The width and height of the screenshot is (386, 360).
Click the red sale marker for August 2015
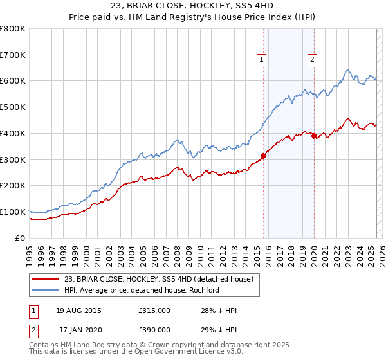click(x=263, y=155)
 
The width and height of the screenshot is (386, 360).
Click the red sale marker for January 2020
click(x=313, y=135)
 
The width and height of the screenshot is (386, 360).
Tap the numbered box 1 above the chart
click(x=262, y=60)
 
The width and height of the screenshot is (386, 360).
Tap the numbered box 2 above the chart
click(x=312, y=60)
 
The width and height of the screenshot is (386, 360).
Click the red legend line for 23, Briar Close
click(x=46, y=279)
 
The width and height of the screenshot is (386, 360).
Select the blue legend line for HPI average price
click(x=46, y=290)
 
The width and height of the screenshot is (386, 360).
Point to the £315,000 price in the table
click(x=154, y=310)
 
